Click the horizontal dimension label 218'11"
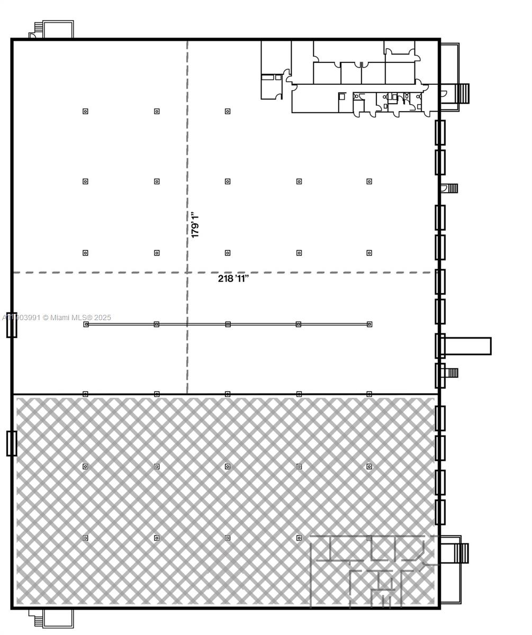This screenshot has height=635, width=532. click(233, 279)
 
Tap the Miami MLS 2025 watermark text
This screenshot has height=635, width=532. click(57, 317)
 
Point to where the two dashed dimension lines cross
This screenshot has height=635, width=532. click(187, 273)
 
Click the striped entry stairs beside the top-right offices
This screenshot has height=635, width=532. click(462, 93)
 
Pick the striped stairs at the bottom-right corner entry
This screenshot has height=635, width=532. click(462, 553)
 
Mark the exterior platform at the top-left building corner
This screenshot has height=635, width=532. click(57, 29)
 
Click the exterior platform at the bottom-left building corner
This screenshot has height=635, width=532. click(57, 618)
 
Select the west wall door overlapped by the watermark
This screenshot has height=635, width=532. click(12, 325)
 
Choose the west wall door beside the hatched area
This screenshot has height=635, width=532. click(12, 443)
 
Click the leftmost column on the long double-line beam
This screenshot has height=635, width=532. click(86, 324)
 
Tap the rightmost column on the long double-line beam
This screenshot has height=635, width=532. click(369, 324)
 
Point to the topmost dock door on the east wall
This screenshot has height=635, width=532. click(440, 132)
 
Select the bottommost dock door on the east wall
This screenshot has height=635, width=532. click(440, 512)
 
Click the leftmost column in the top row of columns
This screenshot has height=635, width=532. click(85, 111)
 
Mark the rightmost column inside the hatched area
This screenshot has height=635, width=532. click(369, 466)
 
